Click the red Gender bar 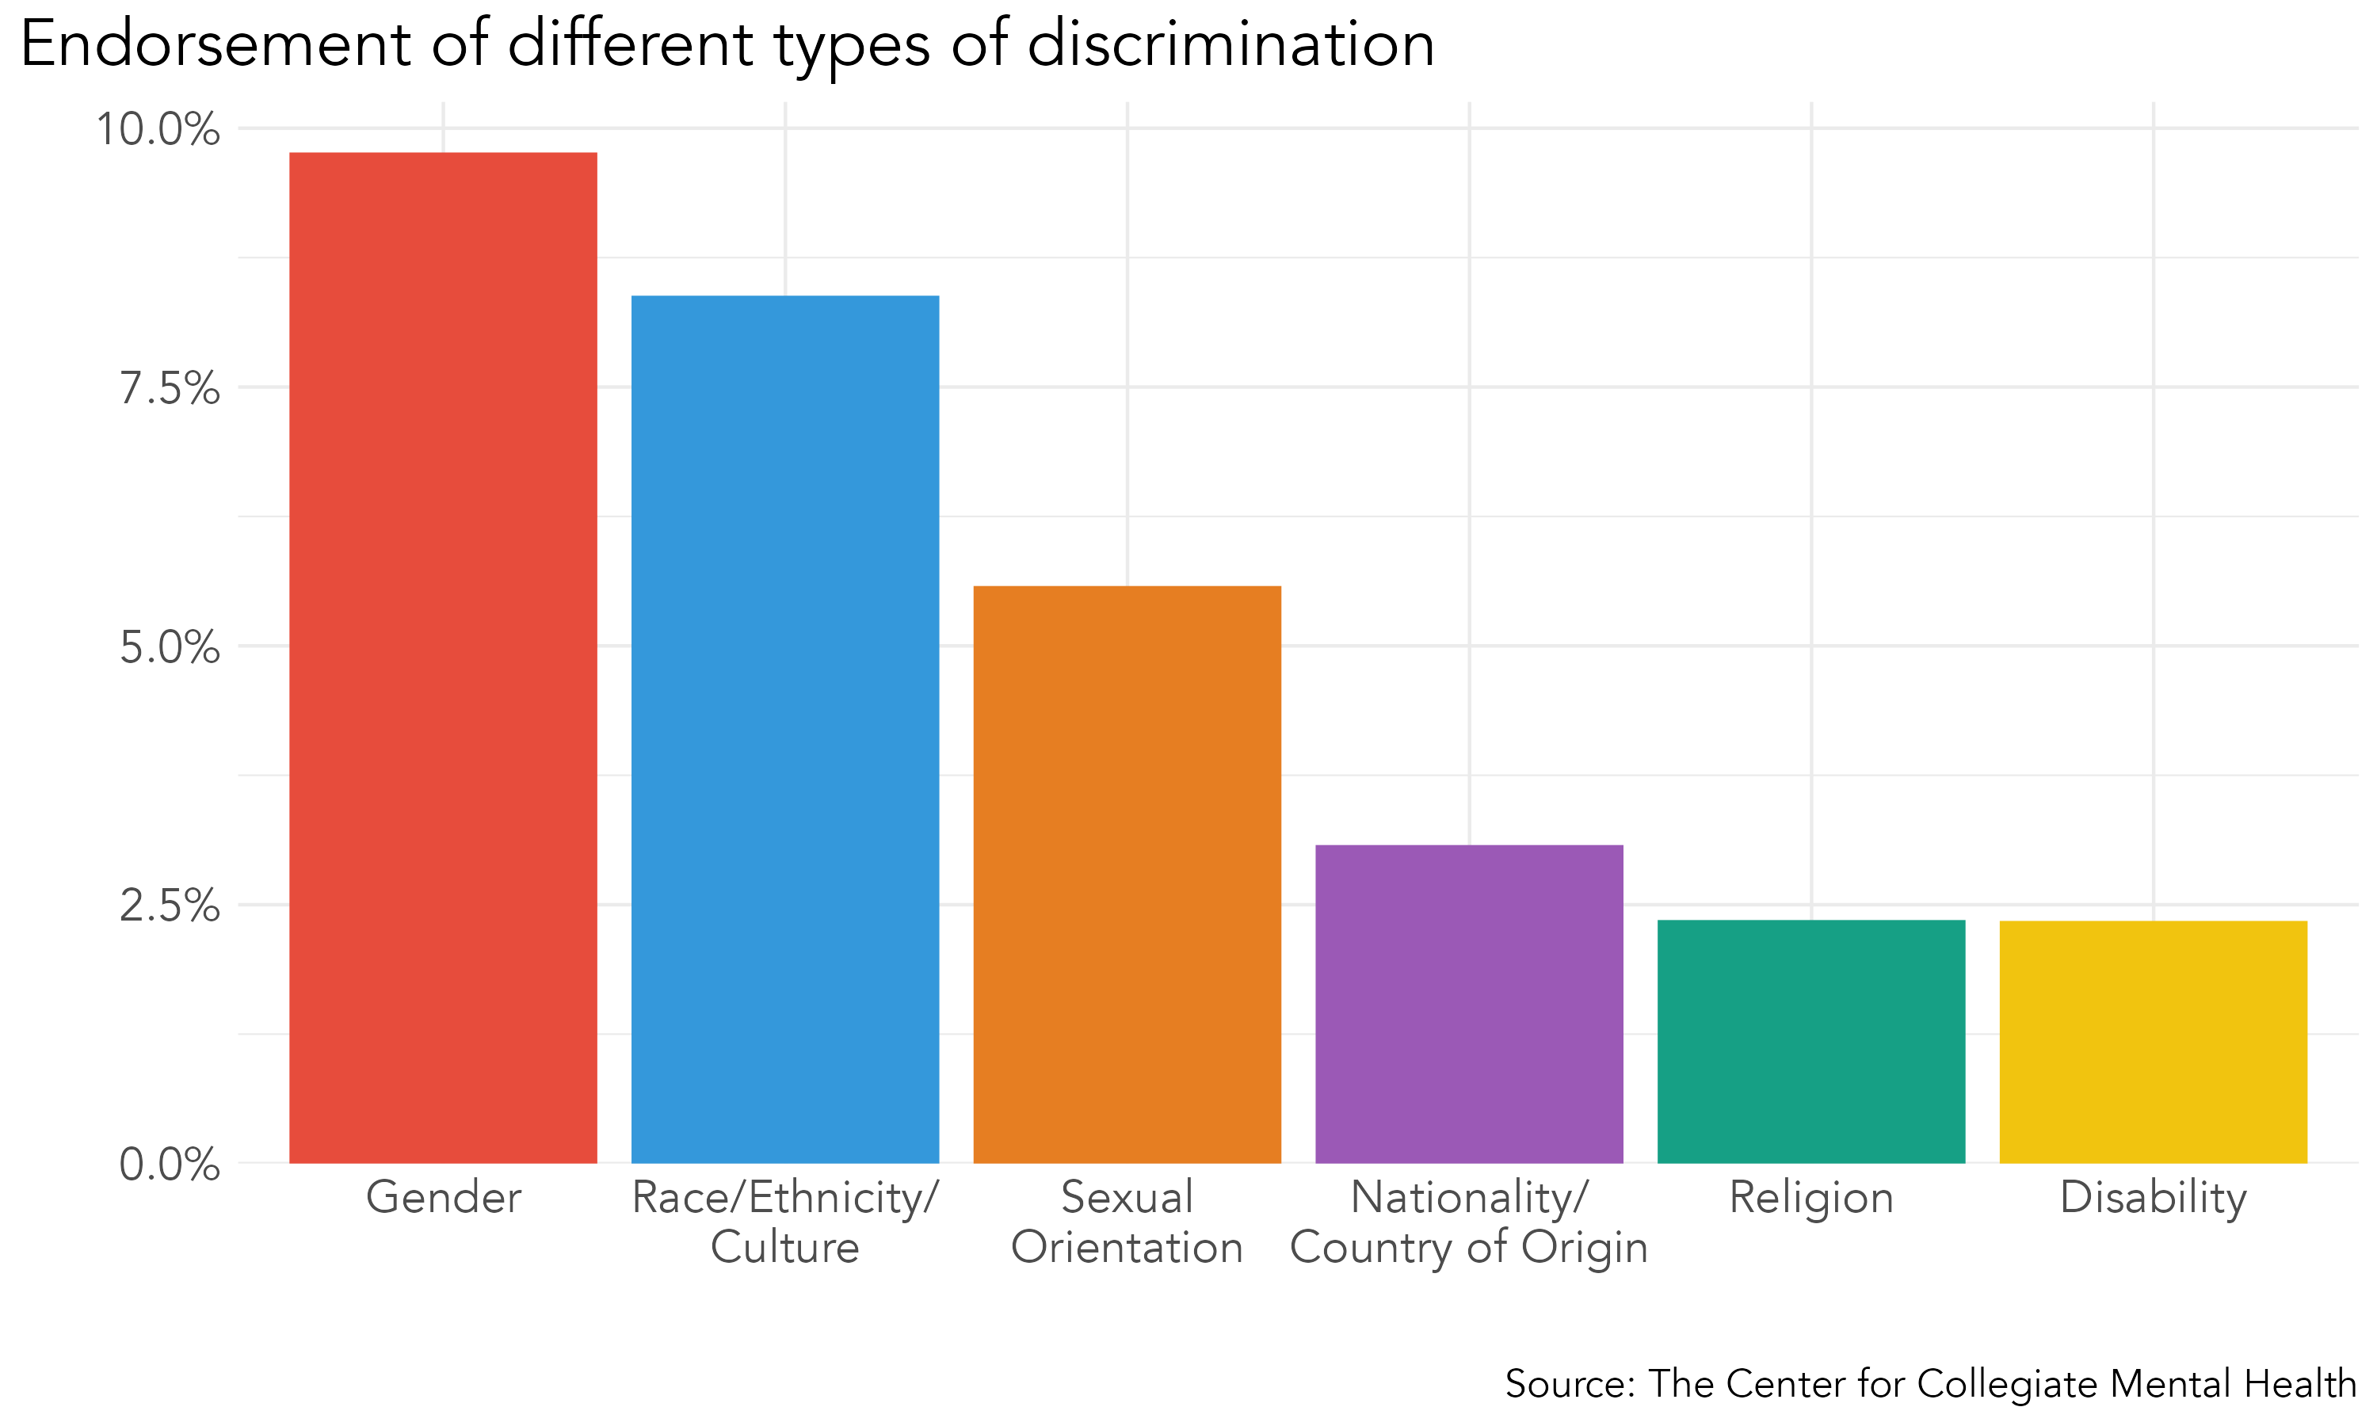(x=443, y=658)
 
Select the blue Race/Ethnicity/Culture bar (x=785, y=730)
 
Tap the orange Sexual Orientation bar (x=1127, y=875)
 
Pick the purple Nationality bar (x=1469, y=1005)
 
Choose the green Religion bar (x=1811, y=1042)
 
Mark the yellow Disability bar (x=2153, y=1042)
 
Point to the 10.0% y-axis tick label (x=158, y=130)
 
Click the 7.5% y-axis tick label (x=170, y=389)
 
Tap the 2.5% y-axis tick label (x=170, y=906)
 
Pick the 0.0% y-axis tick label (x=170, y=1165)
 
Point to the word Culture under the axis (x=785, y=1247)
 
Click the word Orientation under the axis (x=1127, y=1247)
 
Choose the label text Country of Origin (x=1469, y=1247)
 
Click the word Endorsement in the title (x=216, y=44)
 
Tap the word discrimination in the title (x=1230, y=44)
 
